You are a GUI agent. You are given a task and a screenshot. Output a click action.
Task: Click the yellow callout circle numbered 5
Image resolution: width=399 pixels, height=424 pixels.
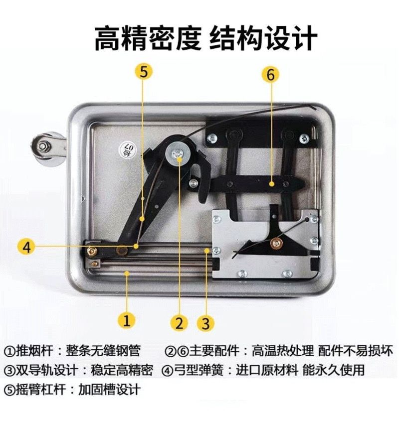coord(144,72)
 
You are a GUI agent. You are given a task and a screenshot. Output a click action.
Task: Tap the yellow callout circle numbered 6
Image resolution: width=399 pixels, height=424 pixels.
coord(271,74)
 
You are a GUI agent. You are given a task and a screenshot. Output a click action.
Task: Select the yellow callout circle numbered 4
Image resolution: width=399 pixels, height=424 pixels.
coord(27,247)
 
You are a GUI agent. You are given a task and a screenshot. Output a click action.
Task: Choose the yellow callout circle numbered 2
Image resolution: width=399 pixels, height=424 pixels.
coord(179,323)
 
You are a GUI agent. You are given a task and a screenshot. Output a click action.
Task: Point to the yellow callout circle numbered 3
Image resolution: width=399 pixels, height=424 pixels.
coord(205,323)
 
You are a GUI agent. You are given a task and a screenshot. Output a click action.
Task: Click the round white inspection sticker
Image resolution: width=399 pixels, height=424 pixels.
coord(128,148)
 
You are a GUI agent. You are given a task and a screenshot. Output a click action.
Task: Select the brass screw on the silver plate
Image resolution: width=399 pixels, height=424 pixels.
coord(276,243)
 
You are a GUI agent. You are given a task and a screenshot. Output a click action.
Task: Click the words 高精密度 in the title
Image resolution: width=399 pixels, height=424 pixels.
coord(148,38)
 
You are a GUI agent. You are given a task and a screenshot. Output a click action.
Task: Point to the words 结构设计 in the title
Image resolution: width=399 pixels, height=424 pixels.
coord(263,38)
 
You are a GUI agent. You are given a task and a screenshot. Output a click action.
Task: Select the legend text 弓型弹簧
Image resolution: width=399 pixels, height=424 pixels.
coord(199,370)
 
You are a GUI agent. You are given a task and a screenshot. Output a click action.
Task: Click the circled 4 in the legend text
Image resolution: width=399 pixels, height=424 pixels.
coord(167,370)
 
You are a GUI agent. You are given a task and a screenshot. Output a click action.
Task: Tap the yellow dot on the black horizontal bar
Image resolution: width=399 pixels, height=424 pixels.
coord(272,184)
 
